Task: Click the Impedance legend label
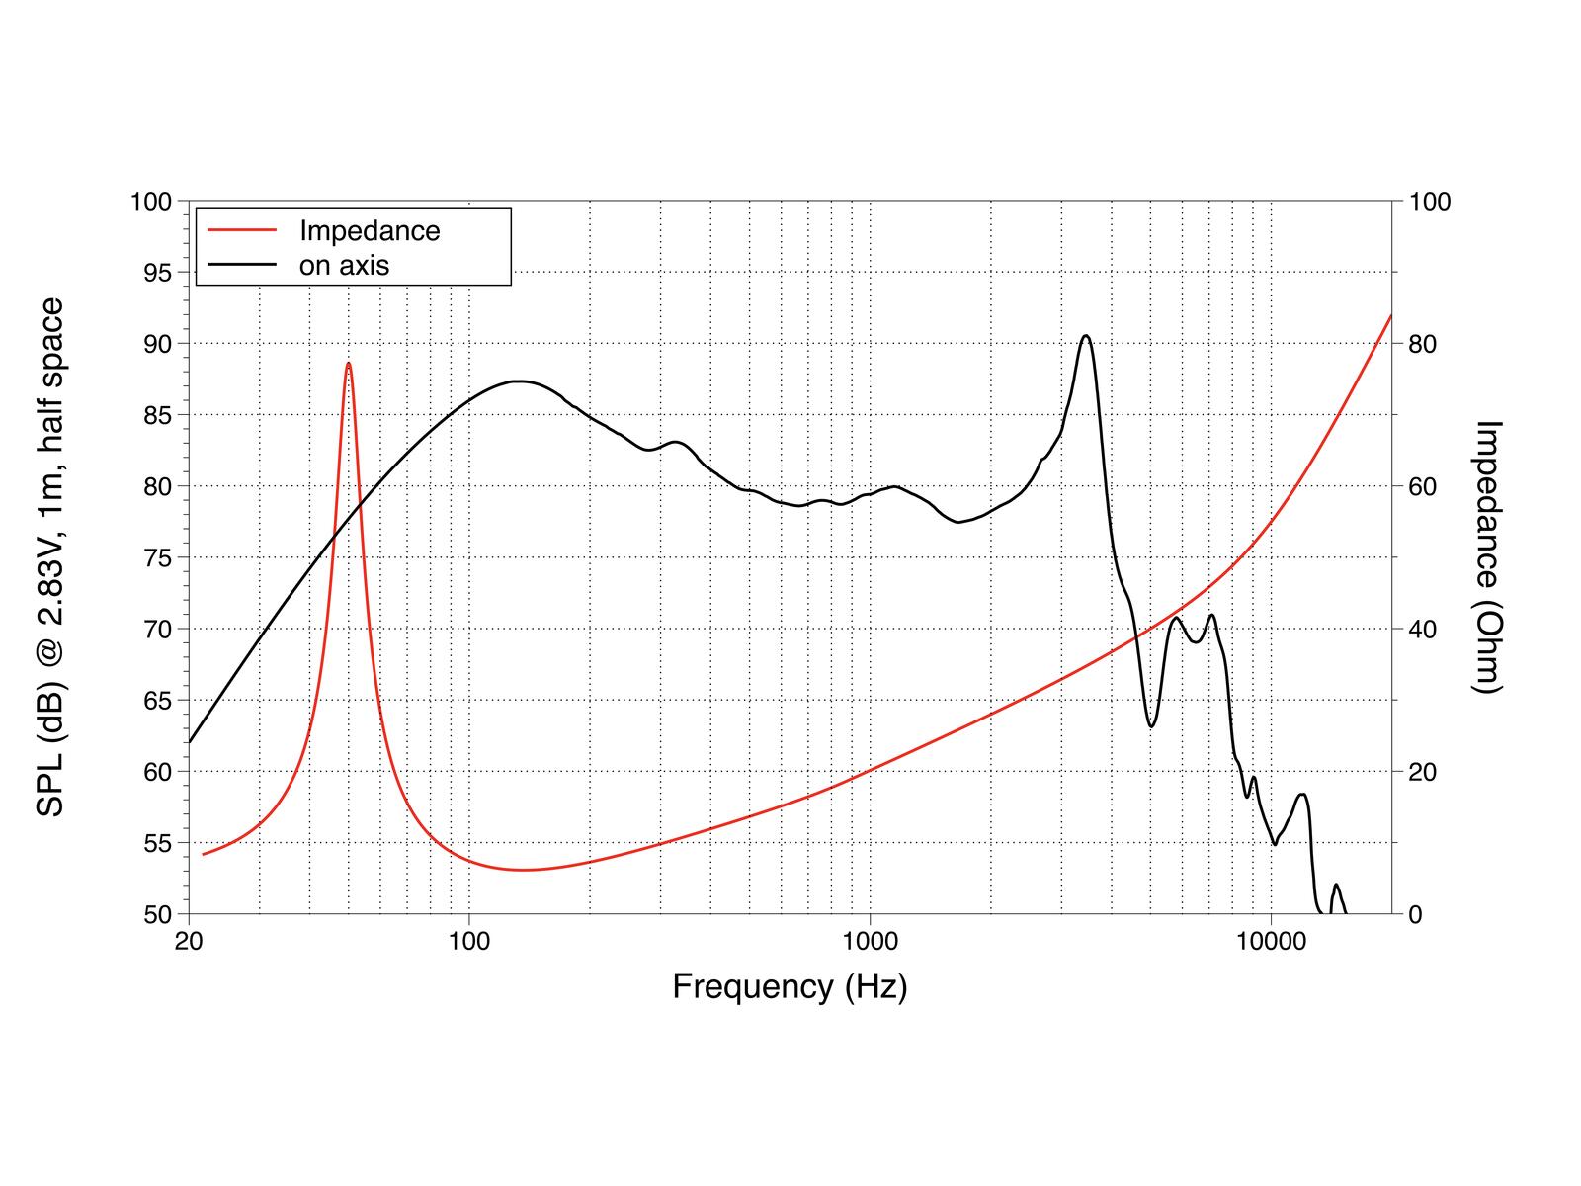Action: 370,231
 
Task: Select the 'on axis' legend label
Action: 344,265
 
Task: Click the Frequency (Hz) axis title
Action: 790,986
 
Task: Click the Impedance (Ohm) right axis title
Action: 1487,556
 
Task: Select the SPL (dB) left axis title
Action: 50,556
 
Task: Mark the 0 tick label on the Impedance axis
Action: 1416,914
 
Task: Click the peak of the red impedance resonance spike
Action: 349,364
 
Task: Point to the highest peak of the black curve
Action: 1086,336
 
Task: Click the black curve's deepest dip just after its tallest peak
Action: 1151,726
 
